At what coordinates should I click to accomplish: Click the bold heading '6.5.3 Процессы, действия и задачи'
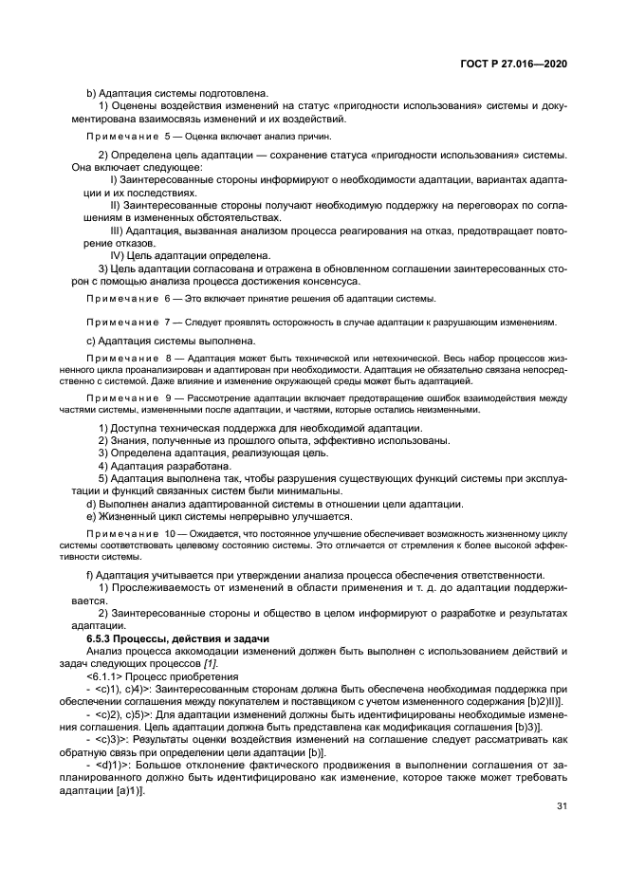pyautogui.click(x=177, y=638)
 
